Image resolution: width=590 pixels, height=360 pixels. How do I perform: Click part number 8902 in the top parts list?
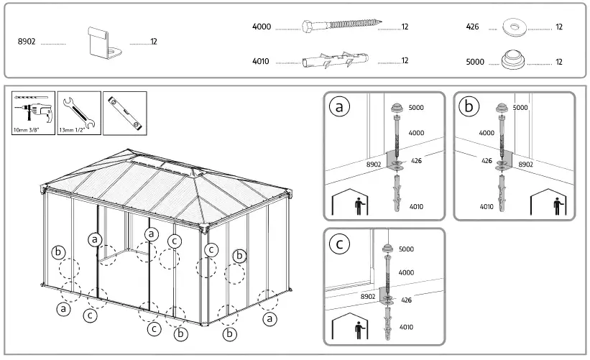pyautogui.click(x=27, y=42)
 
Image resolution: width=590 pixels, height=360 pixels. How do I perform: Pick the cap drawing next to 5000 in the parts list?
pyautogui.click(x=513, y=60)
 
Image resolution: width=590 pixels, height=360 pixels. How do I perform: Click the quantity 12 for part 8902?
pyautogui.click(x=153, y=42)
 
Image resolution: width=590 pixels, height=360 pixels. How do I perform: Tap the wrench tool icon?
pyautogui.click(x=78, y=112)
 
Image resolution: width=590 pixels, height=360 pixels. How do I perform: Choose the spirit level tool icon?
pyautogui.click(x=124, y=112)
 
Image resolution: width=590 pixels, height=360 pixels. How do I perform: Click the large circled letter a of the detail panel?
pyautogui.click(x=339, y=106)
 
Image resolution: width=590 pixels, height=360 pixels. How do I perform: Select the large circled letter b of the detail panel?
pyautogui.click(x=469, y=106)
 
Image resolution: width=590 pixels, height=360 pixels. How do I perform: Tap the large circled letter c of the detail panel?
pyautogui.click(x=339, y=243)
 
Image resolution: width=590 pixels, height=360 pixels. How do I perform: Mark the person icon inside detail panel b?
pyautogui.click(x=558, y=206)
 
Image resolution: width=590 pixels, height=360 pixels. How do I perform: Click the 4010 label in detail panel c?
pyautogui.click(x=406, y=327)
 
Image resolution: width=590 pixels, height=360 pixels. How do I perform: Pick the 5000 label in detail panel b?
pyautogui.click(x=520, y=108)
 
